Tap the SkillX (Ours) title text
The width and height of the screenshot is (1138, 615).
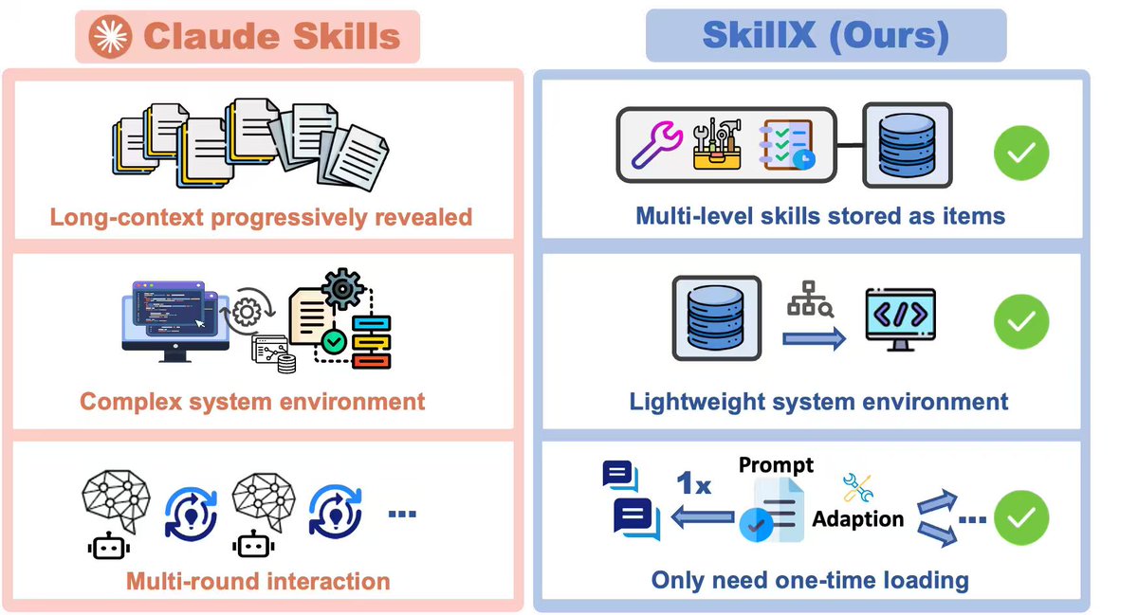point(825,35)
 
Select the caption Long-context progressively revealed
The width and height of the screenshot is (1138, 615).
point(261,217)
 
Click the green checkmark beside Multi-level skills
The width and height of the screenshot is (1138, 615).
point(1020,153)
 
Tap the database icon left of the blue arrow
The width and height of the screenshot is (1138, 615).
point(716,317)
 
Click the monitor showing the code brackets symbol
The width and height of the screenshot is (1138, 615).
point(900,317)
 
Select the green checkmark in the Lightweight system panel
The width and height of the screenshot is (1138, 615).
point(1020,322)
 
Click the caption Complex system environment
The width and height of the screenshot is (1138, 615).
point(252,401)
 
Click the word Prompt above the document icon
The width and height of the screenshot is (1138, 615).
point(776,465)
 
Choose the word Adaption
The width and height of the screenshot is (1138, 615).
point(858,519)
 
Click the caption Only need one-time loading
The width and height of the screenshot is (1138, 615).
point(810,580)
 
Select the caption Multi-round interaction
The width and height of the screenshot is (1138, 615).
point(258,580)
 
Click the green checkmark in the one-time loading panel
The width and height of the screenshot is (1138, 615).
point(1020,517)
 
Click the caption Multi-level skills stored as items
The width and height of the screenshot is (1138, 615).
point(820,216)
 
